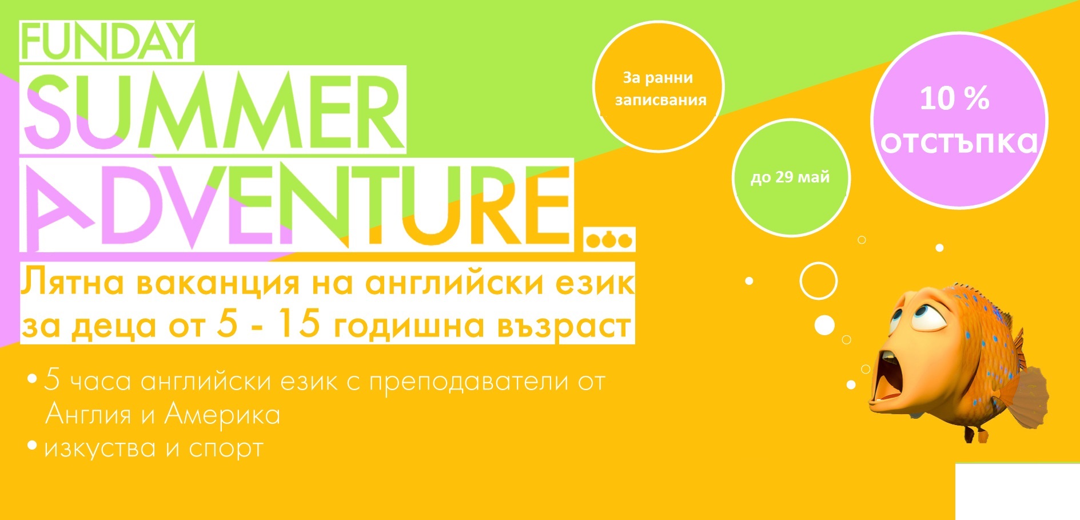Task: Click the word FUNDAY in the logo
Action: tap(107, 41)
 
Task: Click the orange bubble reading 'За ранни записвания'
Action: tap(659, 87)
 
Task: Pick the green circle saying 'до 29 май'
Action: tap(791, 177)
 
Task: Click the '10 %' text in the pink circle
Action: tap(955, 98)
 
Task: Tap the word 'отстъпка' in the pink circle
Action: tap(959, 142)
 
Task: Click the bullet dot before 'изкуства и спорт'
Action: tap(33, 444)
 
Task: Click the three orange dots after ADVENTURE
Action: tap(609, 240)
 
